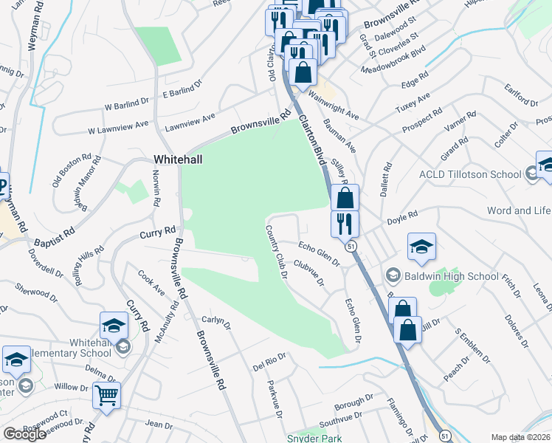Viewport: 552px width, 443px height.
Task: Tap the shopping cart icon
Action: click(x=106, y=396)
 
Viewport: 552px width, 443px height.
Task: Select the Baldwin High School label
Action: click(x=441, y=277)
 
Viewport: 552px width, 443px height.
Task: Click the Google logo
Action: click(x=25, y=434)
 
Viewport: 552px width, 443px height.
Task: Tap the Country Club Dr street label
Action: click(x=276, y=251)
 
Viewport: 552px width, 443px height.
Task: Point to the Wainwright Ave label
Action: click(x=333, y=105)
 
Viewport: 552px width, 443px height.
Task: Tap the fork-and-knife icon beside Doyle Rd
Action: click(x=345, y=223)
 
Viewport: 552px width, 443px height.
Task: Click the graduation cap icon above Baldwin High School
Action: click(x=421, y=248)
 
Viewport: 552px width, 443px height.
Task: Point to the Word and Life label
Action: click(x=519, y=210)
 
